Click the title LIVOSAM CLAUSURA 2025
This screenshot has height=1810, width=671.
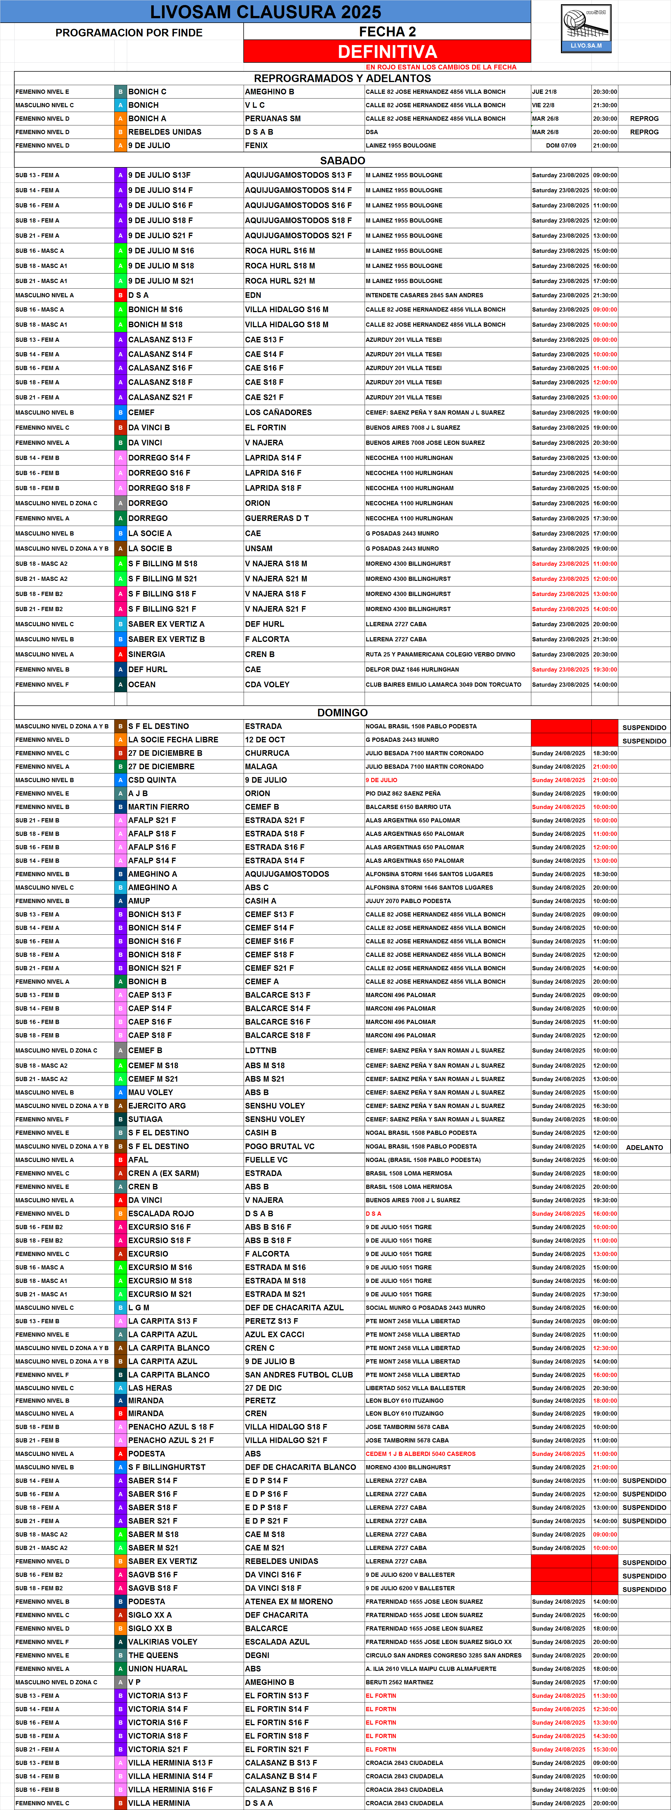tap(265, 12)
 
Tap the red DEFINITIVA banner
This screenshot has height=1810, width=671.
tap(387, 51)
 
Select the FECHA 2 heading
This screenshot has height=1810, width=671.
tap(387, 32)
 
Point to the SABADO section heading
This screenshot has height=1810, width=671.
tap(342, 160)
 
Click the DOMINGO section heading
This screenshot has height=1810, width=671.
tap(342, 712)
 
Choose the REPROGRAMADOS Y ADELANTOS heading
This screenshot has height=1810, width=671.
tap(342, 78)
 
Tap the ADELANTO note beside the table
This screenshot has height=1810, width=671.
tap(644, 1147)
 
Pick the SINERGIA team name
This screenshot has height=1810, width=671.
tap(147, 654)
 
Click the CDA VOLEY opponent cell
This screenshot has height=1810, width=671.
tap(267, 684)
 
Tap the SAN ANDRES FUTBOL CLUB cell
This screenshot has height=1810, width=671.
tap(299, 1375)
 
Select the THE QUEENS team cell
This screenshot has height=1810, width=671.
tap(153, 1655)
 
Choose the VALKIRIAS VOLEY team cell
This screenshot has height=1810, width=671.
tap(162, 1642)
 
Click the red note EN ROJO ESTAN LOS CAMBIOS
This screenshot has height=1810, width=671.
tap(441, 67)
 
